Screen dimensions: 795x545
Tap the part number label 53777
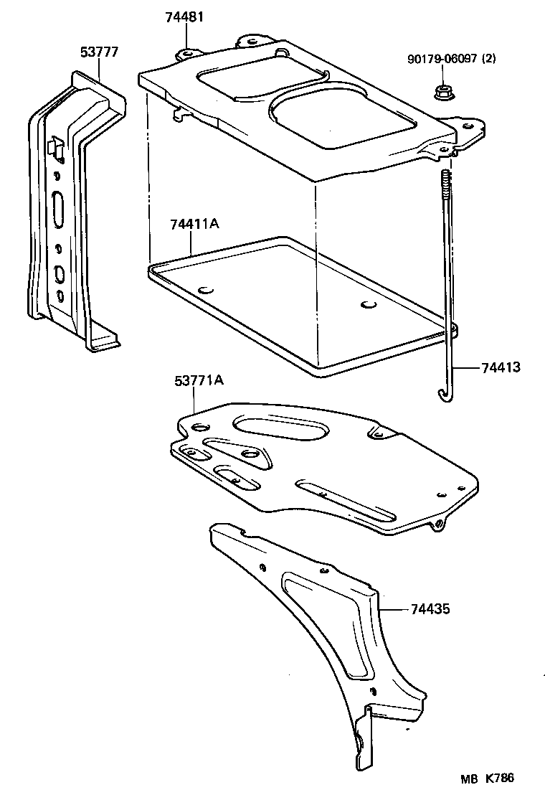99,52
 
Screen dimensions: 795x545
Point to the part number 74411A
194,225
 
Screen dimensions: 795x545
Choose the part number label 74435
431,609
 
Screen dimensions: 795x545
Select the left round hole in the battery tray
207,291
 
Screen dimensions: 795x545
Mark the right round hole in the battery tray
369,305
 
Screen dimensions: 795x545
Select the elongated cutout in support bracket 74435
331,623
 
